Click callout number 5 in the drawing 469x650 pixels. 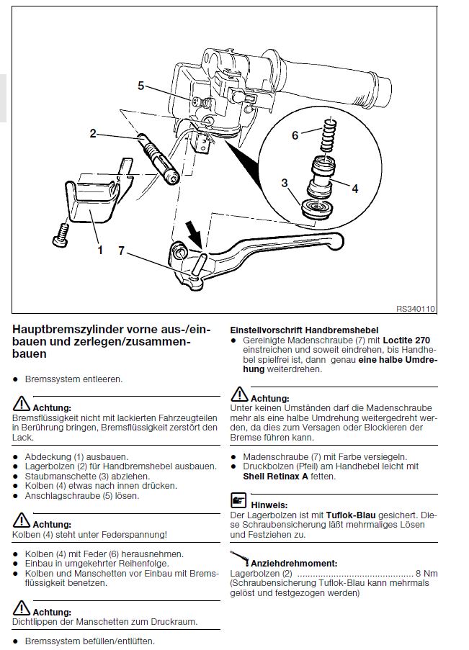[141, 86]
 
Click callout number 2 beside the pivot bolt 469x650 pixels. [93, 133]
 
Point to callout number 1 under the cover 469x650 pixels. [100, 250]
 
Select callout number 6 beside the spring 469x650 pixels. [295, 135]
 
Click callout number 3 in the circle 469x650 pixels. [285, 181]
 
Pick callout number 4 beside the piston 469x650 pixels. [354, 189]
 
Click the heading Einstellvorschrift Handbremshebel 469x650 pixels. [303, 328]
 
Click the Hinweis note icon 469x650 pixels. [237, 499]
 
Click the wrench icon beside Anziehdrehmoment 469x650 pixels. [239, 557]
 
